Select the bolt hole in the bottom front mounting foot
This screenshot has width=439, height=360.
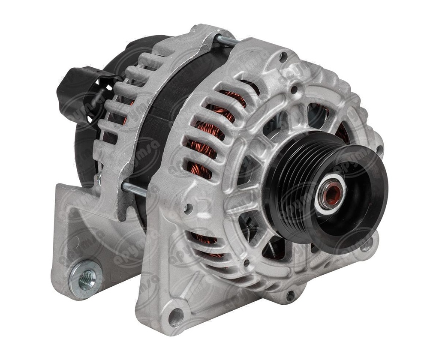click(175, 317)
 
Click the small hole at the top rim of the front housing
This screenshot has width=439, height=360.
click(283, 55)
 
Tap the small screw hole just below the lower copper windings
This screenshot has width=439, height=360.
click(246, 262)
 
